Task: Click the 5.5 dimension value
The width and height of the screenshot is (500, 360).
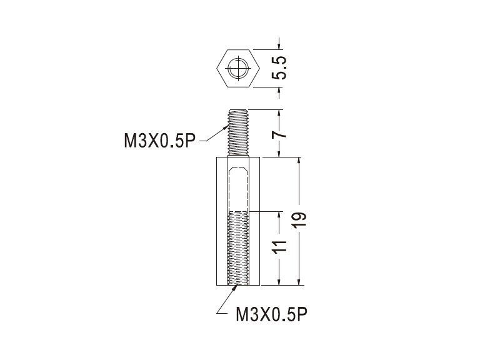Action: click(x=279, y=68)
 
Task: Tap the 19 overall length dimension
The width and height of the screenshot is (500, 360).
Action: click(x=300, y=219)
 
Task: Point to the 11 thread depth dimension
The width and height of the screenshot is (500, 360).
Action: click(x=279, y=246)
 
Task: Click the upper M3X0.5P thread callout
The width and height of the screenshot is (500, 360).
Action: click(x=159, y=141)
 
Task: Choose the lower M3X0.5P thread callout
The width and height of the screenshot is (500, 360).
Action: click(x=271, y=314)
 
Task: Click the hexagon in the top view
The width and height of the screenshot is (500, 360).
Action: click(x=238, y=68)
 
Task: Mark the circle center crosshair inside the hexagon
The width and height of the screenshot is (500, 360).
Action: click(x=238, y=68)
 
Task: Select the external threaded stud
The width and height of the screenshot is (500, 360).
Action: click(x=238, y=132)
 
